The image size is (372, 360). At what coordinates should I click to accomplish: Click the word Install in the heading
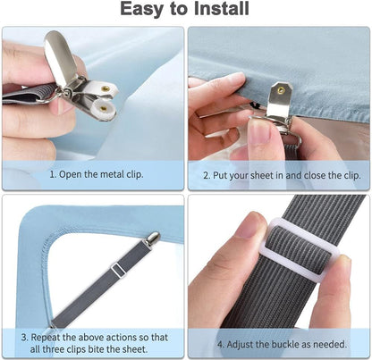pos(221,9)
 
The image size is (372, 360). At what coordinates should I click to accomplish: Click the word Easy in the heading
pos(142,10)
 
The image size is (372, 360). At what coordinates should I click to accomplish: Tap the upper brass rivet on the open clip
pos(106,88)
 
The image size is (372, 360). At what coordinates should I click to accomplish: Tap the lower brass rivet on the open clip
pos(103,108)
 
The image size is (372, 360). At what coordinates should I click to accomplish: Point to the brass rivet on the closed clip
pos(280,89)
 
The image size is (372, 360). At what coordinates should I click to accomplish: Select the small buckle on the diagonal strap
pos(118,270)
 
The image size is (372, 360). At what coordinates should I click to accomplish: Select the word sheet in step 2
pos(262,175)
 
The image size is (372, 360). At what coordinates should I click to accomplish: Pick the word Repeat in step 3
pos(46,338)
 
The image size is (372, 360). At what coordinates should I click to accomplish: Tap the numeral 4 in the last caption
pos(220,345)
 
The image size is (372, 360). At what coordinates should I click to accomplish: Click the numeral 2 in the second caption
pos(206,175)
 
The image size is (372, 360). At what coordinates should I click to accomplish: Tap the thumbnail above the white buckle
pos(252,224)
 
